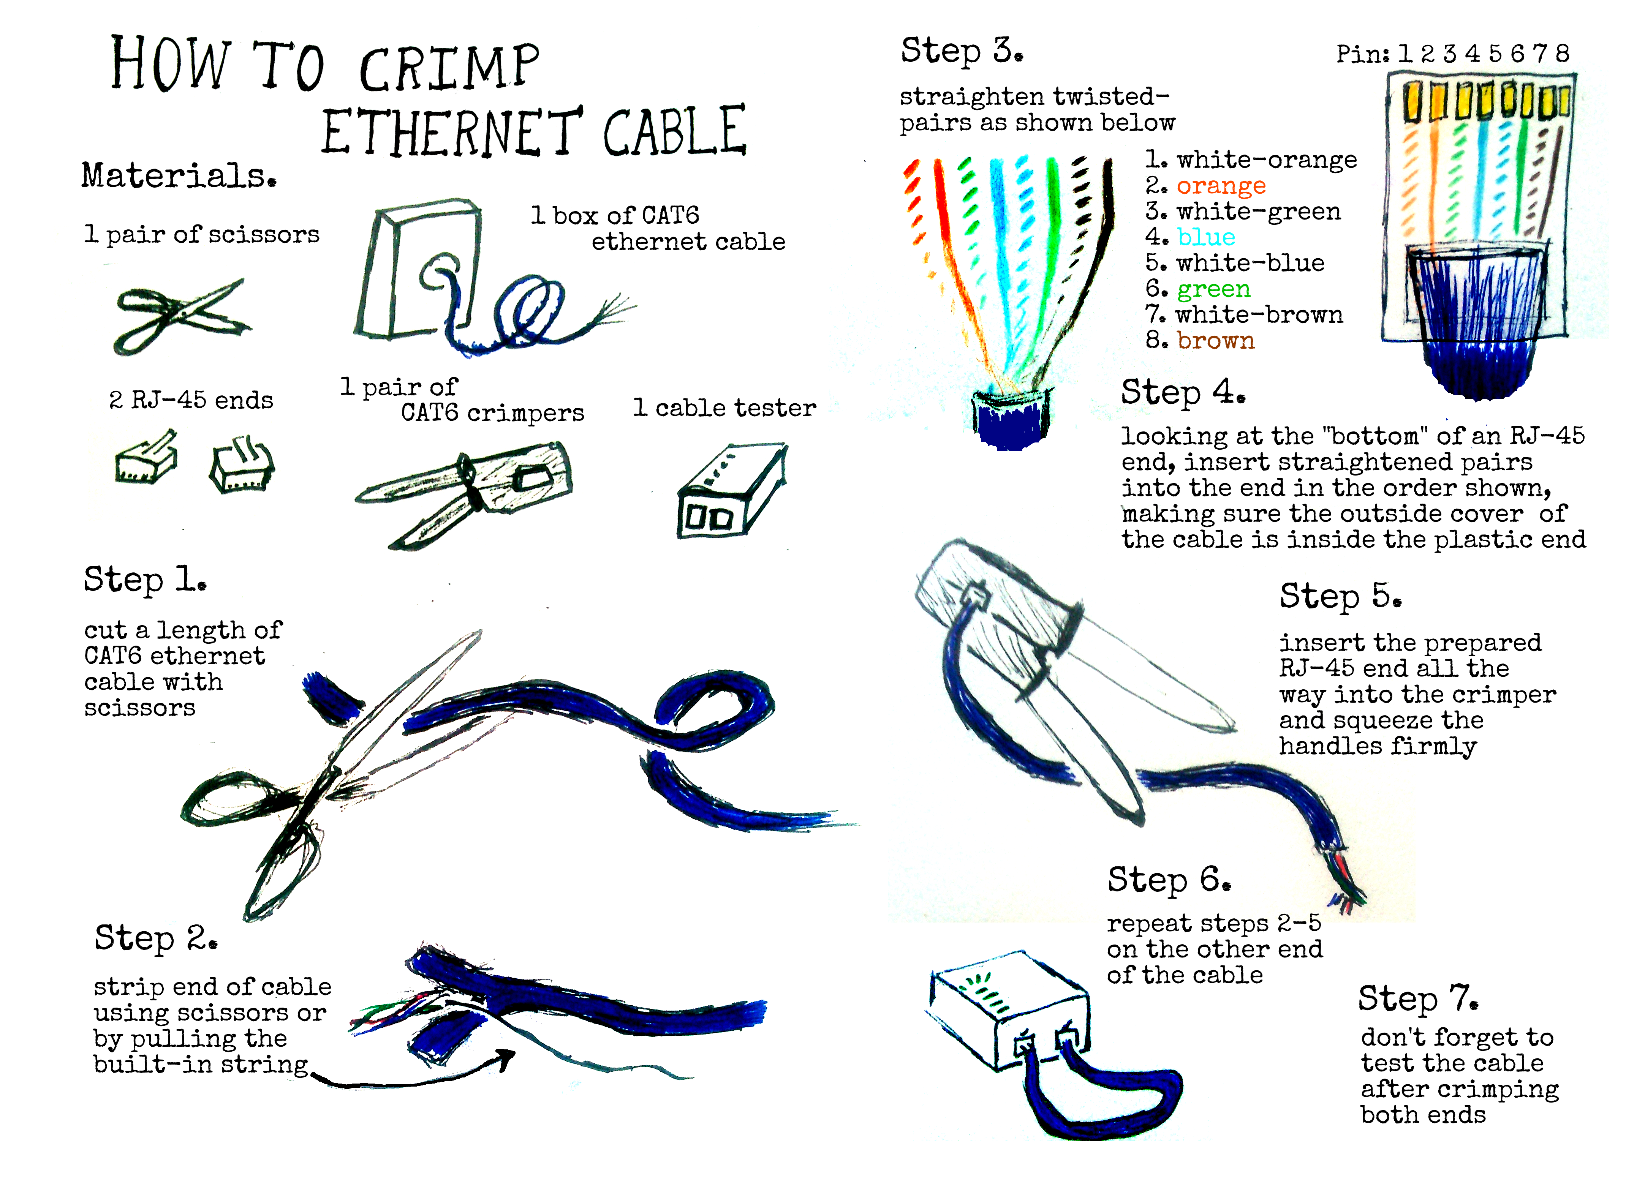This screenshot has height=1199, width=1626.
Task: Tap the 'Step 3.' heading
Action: click(962, 51)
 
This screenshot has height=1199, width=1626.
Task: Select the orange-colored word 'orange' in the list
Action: click(1221, 186)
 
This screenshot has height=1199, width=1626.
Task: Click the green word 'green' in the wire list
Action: click(1214, 289)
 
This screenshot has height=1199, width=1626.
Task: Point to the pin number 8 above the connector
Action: click(1562, 53)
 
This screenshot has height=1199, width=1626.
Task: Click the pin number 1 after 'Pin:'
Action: click(1405, 53)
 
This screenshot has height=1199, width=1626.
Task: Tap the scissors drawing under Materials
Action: click(182, 316)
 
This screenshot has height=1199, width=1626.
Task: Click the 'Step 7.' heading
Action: click(1418, 999)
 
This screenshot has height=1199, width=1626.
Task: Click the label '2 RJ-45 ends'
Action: click(191, 400)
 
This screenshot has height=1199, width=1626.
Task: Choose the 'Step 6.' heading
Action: click(1169, 880)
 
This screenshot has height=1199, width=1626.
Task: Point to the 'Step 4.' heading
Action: click(1183, 393)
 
